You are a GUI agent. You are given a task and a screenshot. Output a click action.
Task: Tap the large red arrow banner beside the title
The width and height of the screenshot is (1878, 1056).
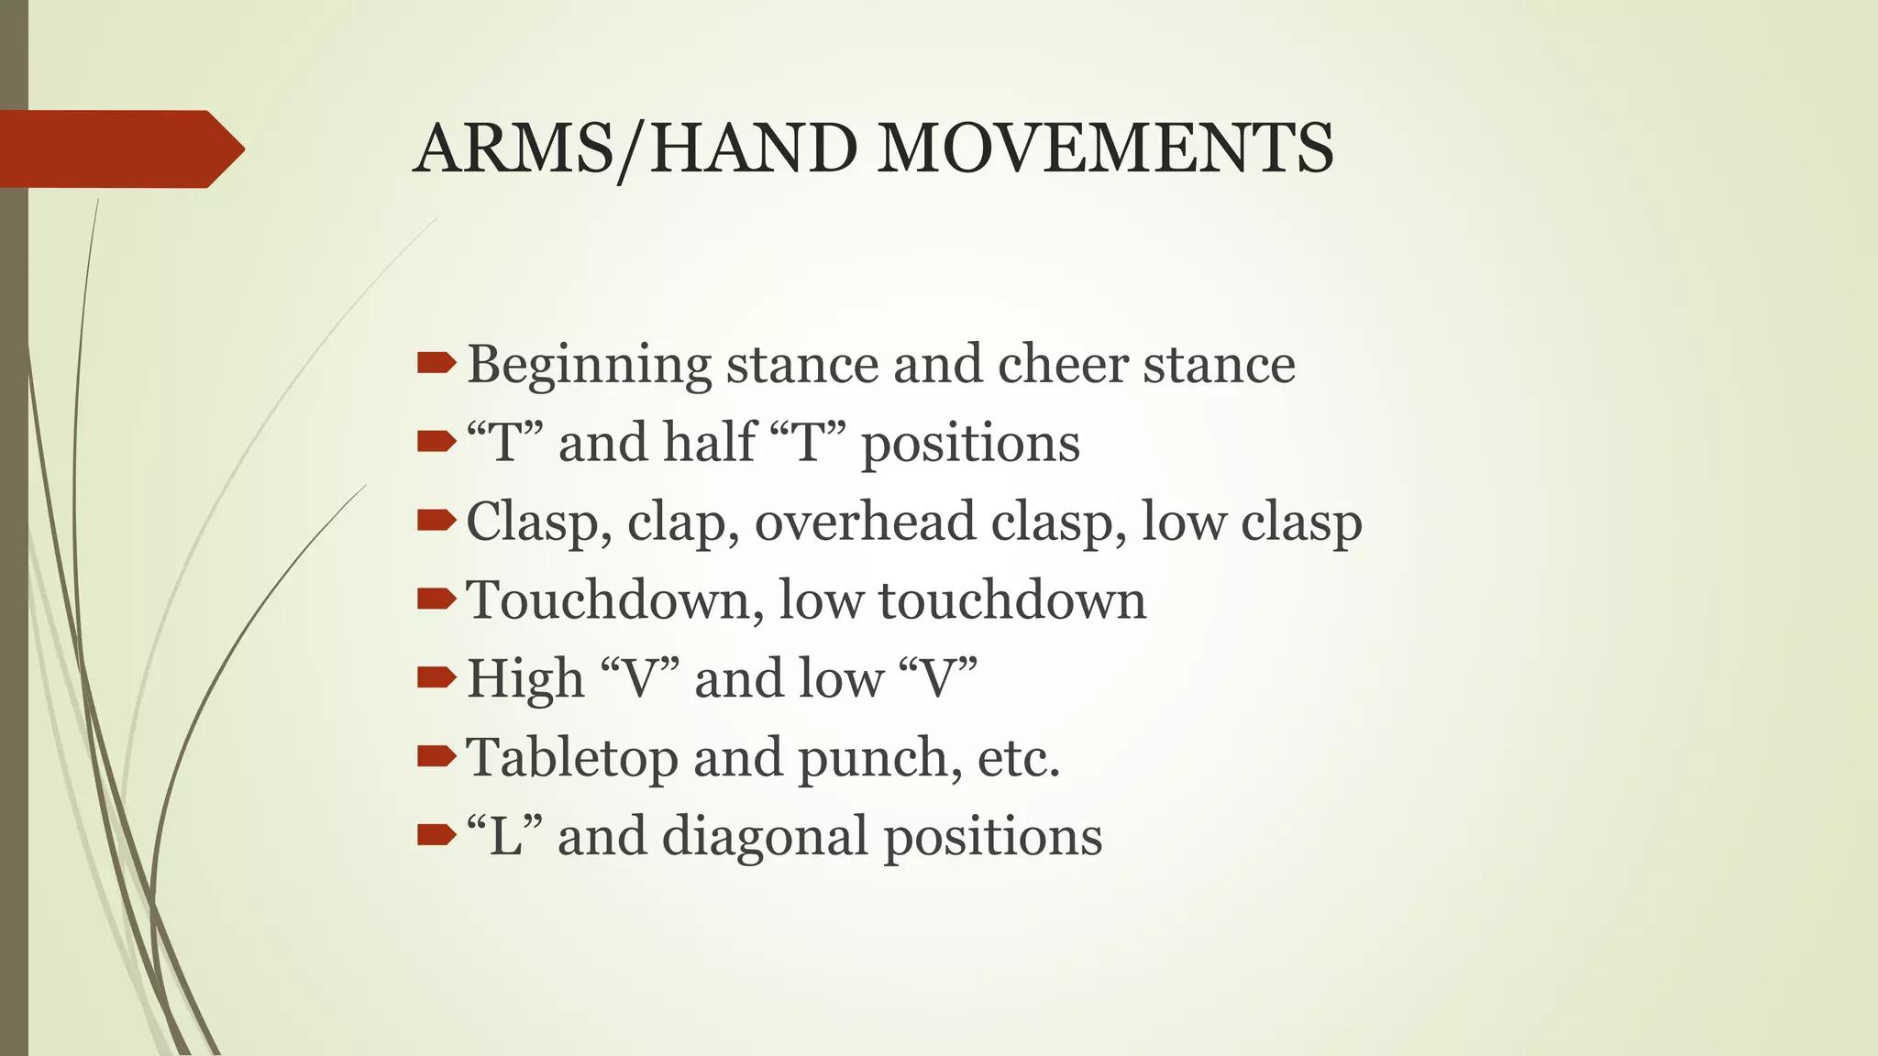[119, 148]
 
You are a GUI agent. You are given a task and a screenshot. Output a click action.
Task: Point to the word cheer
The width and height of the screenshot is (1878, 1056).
[1062, 364]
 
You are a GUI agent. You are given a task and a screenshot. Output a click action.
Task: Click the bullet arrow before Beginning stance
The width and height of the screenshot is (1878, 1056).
[436, 364]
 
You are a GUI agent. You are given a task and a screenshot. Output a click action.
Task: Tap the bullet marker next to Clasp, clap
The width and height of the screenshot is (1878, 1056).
[436, 521]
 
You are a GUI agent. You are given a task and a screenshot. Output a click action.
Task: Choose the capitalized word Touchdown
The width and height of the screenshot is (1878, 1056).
[614, 600]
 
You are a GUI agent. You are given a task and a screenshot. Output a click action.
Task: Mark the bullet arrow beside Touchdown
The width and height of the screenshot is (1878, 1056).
[436, 599]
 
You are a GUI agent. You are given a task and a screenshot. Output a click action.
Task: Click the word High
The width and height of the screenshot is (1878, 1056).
[525, 679]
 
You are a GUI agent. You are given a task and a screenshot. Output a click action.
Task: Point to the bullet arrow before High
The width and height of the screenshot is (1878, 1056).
[436, 678]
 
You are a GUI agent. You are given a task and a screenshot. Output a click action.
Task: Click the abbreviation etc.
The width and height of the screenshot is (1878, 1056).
[1018, 758]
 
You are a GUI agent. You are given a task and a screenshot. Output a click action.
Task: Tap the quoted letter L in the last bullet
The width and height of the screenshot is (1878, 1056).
[505, 836]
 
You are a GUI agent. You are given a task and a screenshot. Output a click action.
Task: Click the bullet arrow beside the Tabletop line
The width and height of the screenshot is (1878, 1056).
[436, 756]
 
